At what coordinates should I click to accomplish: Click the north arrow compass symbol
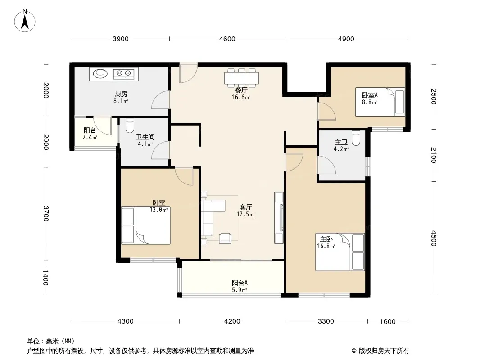[x=25, y=21]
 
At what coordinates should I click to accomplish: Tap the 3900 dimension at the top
[x=121, y=39]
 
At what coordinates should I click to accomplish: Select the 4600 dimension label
[x=227, y=39]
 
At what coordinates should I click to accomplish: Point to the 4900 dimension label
[x=346, y=39]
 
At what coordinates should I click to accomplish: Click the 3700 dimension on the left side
[x=45, y=213]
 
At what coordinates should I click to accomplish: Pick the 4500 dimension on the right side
[x=434, y=238]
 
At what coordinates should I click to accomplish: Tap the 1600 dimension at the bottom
[x=388, y=321]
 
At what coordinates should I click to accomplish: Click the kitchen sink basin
[x=100, y=73]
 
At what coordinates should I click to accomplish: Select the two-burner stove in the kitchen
[x=124, y=74]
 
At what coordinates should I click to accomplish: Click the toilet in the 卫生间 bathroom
[x=130, y=126]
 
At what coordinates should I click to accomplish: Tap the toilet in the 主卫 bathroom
[x=356, y=138]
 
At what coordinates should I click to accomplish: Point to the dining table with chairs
[x=241, y=77]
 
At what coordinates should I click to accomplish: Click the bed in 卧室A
[x=380, y=102]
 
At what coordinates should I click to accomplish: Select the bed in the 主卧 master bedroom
[x=340, y=252]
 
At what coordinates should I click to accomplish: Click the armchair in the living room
[x=225, y=238]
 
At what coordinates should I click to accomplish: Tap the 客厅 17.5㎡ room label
[x=245, y=211]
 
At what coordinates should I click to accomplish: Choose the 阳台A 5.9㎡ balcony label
[x=240, y=286]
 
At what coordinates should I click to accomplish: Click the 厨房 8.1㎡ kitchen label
[x=121, y=97]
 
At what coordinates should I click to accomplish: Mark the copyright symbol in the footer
[x=354, y=351]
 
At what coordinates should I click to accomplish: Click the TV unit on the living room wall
[x=279, y=218]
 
